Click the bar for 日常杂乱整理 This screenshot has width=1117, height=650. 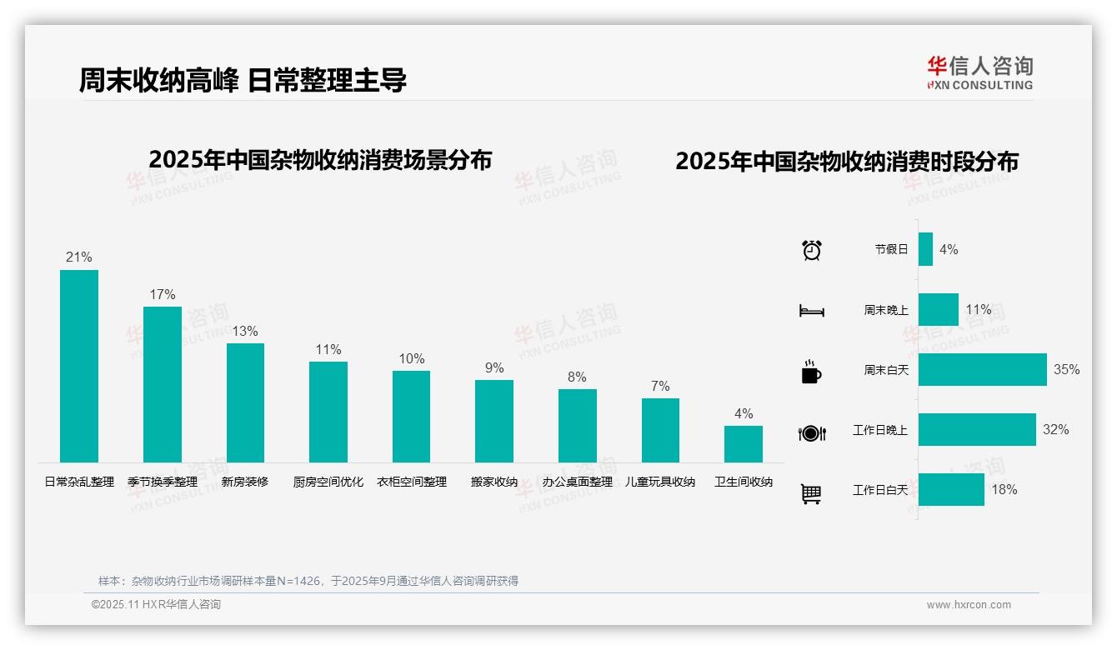click(x=79, y=366)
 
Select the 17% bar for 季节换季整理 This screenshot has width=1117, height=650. click(x=163, y=384)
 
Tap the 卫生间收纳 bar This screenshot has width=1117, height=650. click(x=743, y=444)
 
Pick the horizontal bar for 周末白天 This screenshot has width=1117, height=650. click(x=982, y=369)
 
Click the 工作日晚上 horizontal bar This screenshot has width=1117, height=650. click(x=977, y=429)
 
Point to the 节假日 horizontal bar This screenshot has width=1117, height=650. click(x=925, y=249)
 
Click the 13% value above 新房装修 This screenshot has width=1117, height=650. click(x=245, y=331)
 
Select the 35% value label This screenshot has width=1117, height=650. click(x=1066, y=369)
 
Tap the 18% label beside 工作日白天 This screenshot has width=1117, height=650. click(x=1004, y=489)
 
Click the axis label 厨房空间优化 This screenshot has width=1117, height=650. click(x=328, y=482)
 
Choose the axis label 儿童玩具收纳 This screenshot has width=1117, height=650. click(x=660, y=482)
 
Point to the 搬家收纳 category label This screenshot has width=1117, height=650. click(x=494, y=482)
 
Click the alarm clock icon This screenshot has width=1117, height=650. click(x=811, y=250)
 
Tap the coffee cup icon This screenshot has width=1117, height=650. click(x=811, y=372)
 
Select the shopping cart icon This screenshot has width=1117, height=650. click(x=811, y=493)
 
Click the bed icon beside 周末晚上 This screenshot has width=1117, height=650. click(x=811, y=311)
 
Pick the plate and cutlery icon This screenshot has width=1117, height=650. click(x=811, y=432)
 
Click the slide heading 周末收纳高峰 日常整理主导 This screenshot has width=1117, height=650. click(x=243, y=80)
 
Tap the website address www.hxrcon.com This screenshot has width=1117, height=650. click(x=969, y=605)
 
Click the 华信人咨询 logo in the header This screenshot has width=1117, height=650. click(x=979, y=72)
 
